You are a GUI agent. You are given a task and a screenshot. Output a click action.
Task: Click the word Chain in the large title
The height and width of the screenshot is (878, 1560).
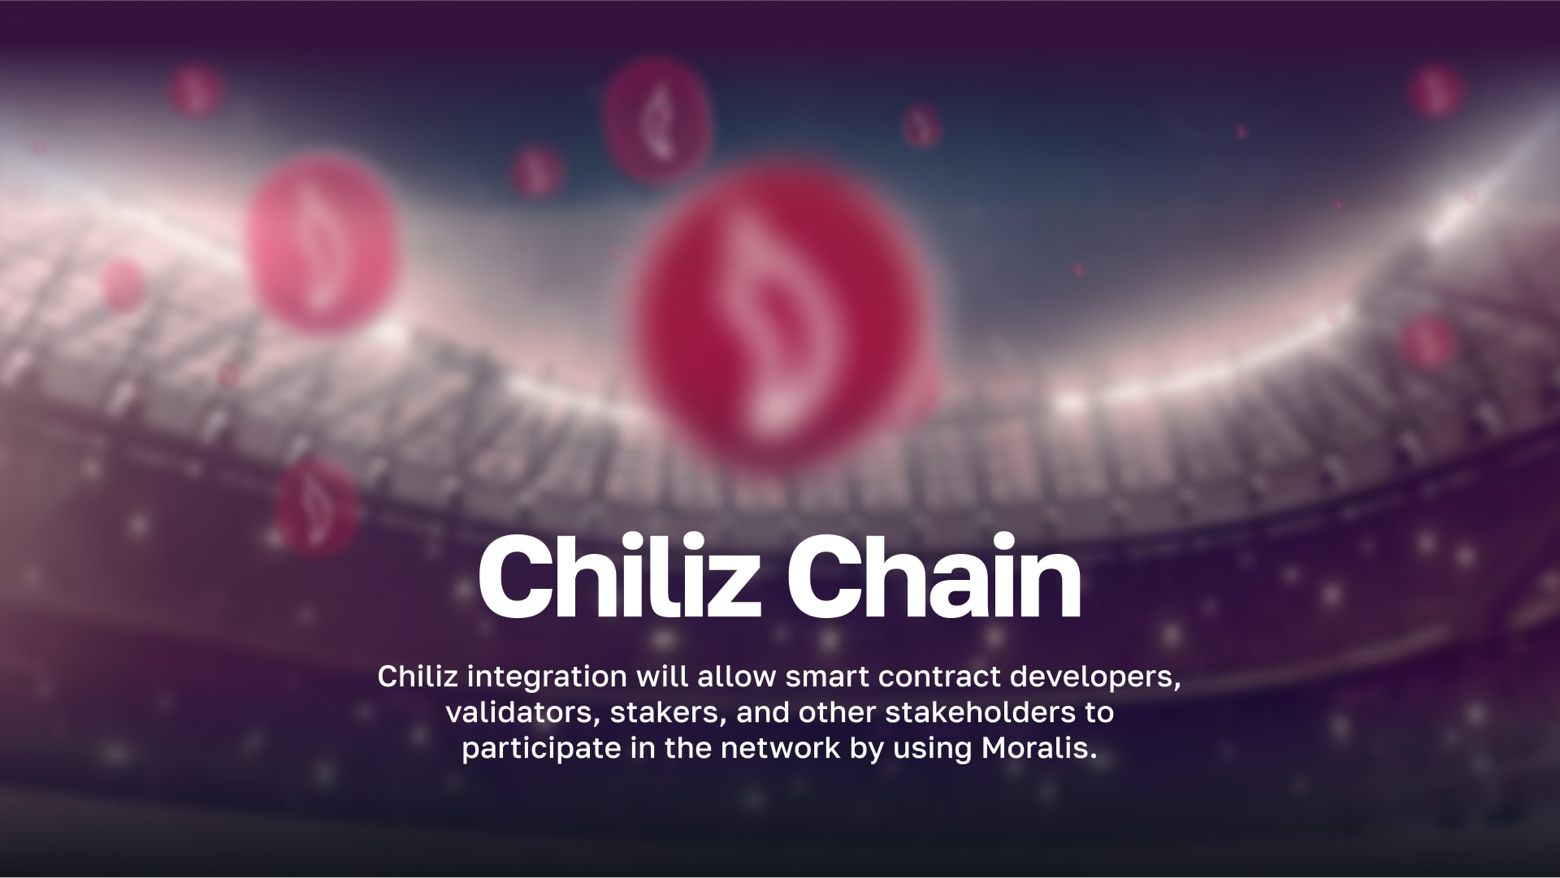tap(934, 577)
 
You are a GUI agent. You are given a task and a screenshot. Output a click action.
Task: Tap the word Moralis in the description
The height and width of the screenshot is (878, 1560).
tap(1039, 747)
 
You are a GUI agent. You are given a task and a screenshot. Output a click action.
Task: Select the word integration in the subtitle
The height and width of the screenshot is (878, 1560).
tap(547, 676)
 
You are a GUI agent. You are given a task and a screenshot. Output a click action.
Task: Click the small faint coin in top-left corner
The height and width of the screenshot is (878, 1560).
tap(195, 90)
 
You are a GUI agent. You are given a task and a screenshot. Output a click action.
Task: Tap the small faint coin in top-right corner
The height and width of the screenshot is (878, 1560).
tap(1435, 90)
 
